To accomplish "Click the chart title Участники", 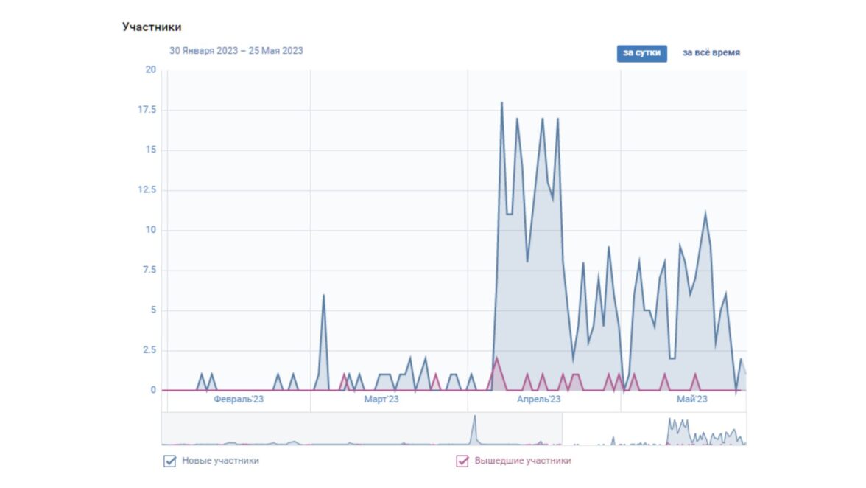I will pyautogui.click(x=152, y=27).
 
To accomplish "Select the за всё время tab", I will pyautogui.click(x=711, y=53).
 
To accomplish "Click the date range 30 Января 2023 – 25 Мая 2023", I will pyautogui.click(x=236, y=51).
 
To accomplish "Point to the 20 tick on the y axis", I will pyautogui.click(x=151, y=70).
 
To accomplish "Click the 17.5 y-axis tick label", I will pyautogui.click(x=147, y=110).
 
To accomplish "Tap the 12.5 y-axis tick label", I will pyautogui.click(x=147, y=190).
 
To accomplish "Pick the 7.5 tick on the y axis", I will pyautogui.click(x=149, y=271).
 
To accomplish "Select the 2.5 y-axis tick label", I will pyautogui.click(x=149, y=350).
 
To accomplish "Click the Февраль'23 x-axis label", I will pyautogui.click(x=239, y=400).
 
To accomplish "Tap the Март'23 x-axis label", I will pyautogui.click(x=381, y=400).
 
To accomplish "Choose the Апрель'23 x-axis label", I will pyautogui.click(x=538, y=400).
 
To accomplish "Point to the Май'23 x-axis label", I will pyautogui.click(x=691, y=400).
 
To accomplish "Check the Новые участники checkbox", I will pyautogui.click(x=170, y=461).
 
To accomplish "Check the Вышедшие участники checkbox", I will pyautogui.click(x=462, y=461).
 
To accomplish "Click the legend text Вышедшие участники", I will pyautogui.click(x=522, y=461).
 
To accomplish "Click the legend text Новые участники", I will pyautogui.click(x=220, y=461).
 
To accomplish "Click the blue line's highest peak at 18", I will pyautogui.click(x=501, y=103).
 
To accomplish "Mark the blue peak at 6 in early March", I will pyautogui.click(x=323, y=295).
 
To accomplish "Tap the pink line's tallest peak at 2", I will pyautogui.click(x=496, y=358).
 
